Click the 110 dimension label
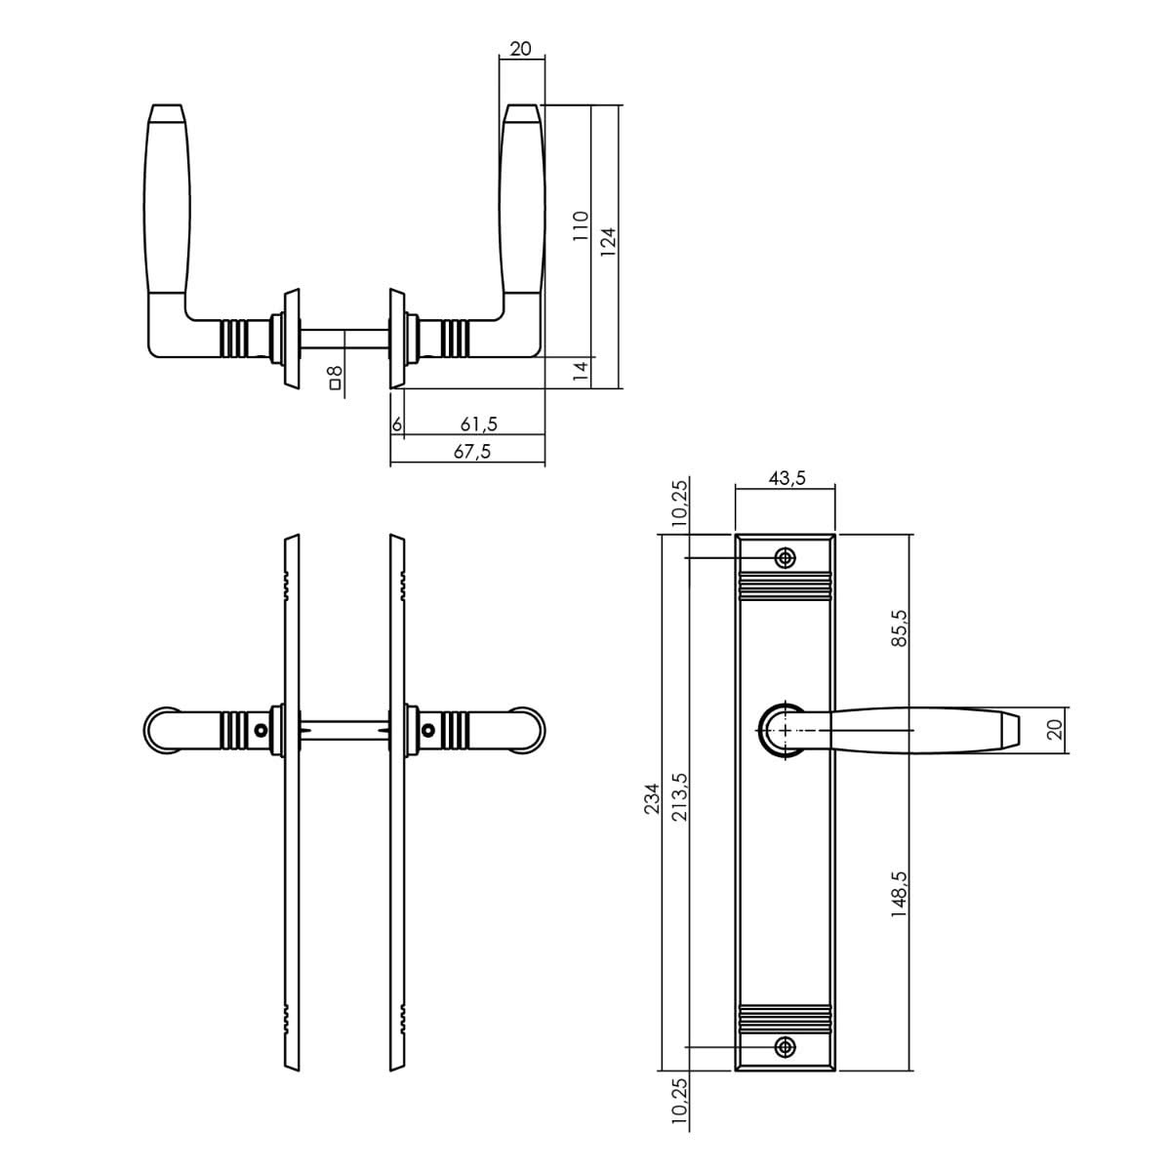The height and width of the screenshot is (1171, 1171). pyautogui.click(x=580, y=226)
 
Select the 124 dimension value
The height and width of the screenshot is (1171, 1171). pyautogui.click(x=608, y=241)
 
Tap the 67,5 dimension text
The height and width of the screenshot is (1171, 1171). pyautogui.click(x=472, y=452)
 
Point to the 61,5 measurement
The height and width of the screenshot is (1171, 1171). pyautogui.click(x=478, y=424)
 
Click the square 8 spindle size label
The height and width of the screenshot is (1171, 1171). pyautogui.click(x=335, y=378)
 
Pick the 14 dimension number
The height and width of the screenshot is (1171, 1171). pyautogui.click(x=580, y=371)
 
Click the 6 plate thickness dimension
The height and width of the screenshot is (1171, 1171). pyautogui.click(x=397, y=424)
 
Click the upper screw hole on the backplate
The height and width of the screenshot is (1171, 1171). pyautogui.click(x=785, y=558)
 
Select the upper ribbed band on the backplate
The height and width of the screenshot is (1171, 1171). pyautogui.click(x=785, y=585)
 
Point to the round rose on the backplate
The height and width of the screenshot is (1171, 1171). pyautogui.click(x=783, y=729)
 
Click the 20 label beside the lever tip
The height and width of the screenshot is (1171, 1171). pyautogui.click(x=1053, y=730)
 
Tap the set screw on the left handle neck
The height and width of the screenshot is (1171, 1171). pyautogui.click(x=261, y=730)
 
